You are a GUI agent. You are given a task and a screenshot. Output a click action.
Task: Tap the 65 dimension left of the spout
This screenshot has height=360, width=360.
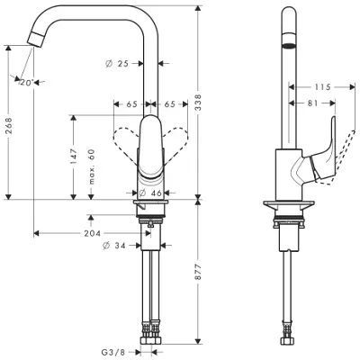tap(131, 104)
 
